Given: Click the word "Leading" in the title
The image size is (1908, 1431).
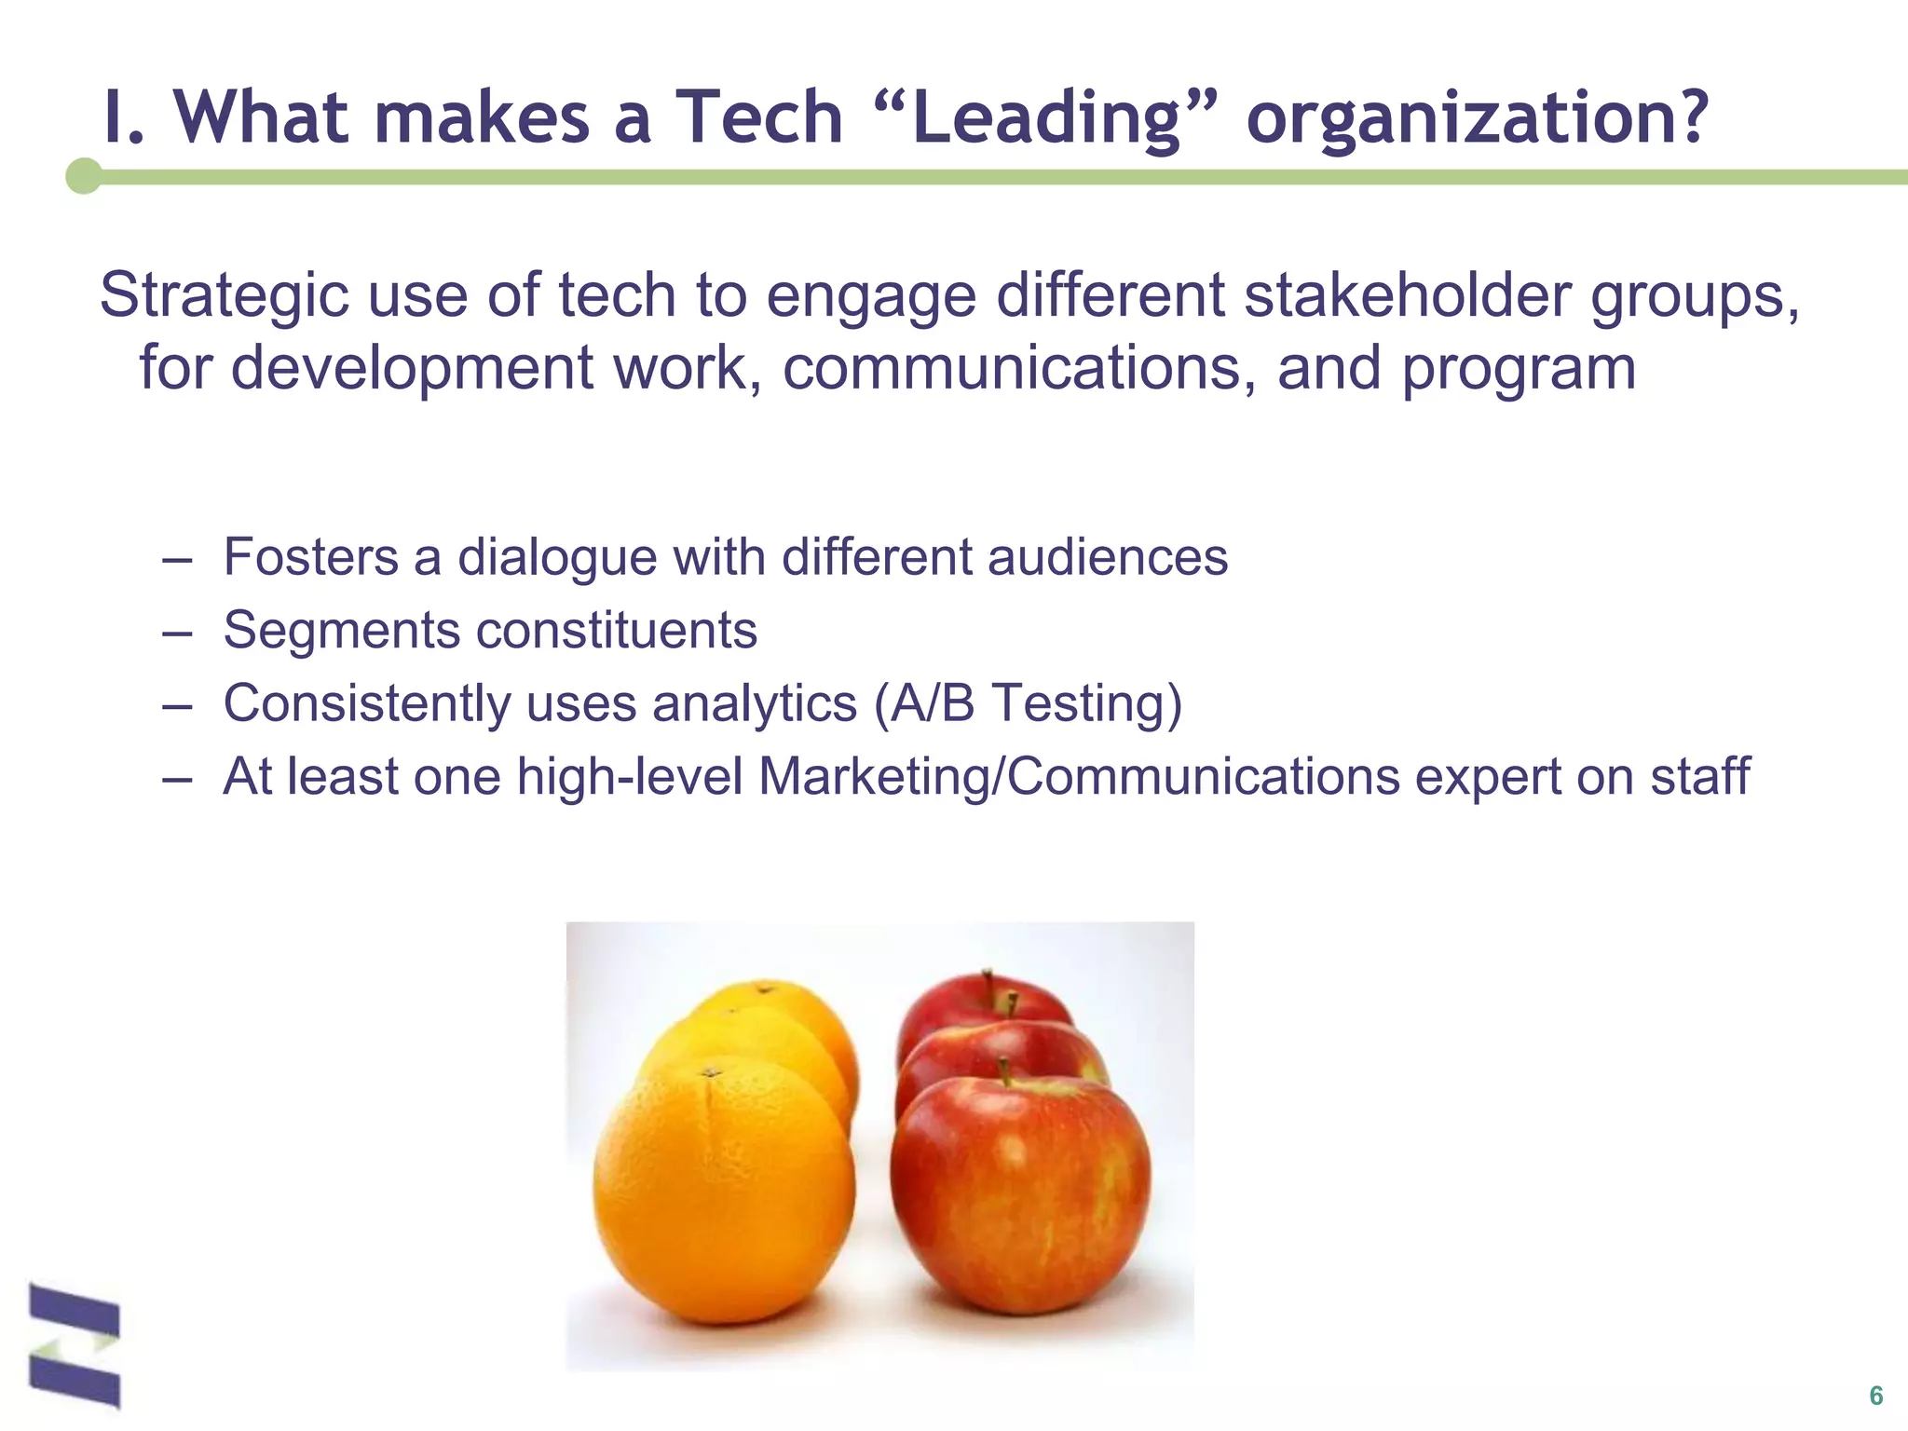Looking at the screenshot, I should click(1045, 119).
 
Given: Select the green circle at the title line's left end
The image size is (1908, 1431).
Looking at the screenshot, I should click(85, 176).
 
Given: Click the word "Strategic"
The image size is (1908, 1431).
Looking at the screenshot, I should click(225, 296).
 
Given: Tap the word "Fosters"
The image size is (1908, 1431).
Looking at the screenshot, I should click(311, 558).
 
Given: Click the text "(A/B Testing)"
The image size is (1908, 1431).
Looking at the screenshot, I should click(1028, 704).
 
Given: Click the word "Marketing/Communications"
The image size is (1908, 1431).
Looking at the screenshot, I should click(1079, 776).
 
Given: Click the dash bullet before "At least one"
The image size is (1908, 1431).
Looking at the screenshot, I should click(176, 777).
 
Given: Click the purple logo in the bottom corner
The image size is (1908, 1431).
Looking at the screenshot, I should click(75, 1345).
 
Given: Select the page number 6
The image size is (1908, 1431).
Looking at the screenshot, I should click(1875, 1396).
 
